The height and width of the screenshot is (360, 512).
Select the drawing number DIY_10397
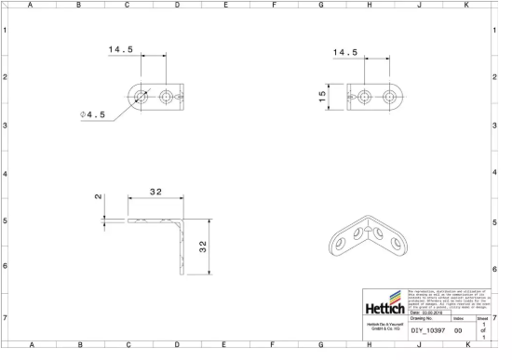(x=427, y=330)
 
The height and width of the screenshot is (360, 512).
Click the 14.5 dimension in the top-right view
(x=345, y=52)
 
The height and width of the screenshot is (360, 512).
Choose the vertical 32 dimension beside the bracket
(x=201, y=246)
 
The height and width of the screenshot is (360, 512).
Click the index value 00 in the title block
(x=458, y=330)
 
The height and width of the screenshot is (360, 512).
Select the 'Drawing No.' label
(x=424, y=318)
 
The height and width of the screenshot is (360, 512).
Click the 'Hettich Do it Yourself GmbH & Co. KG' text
(x=384, y=327)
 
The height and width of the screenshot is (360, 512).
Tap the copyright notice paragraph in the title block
(x=449, y=299)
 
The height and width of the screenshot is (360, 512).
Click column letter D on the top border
(x=177, y=6)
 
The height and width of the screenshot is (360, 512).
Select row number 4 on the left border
(x=6, y=174)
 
